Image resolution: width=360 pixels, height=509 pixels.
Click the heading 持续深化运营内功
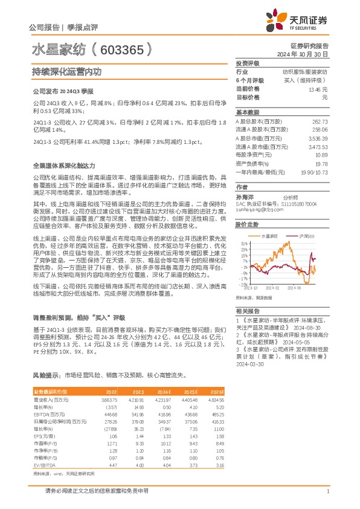66,71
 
